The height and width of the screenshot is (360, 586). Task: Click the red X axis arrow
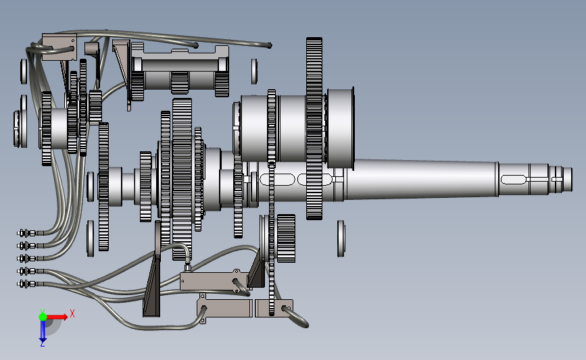(x=56, y=317)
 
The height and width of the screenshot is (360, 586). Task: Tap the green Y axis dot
(x=43, y=317)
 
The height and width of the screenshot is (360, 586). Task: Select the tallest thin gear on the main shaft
(x=314, y=128)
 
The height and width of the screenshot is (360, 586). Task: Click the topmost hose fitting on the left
(x=27, y=234)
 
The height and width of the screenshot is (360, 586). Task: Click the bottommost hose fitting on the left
(x=27, y=284)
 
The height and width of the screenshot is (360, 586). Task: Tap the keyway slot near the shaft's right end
(x=513, y=179)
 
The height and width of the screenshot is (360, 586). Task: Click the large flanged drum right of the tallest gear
(x=340, y=128)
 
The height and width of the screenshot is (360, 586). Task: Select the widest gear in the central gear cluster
(x=182, y=179)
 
